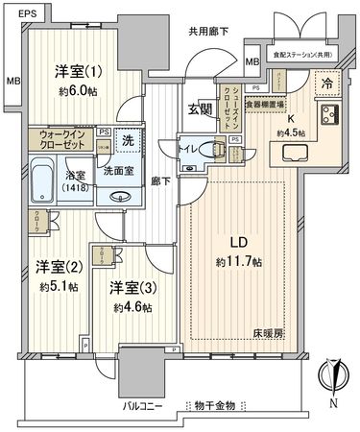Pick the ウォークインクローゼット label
pos(60,140)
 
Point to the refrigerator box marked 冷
pos(326,83)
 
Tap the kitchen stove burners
pos(329,116)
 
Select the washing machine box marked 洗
pos(127,140)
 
